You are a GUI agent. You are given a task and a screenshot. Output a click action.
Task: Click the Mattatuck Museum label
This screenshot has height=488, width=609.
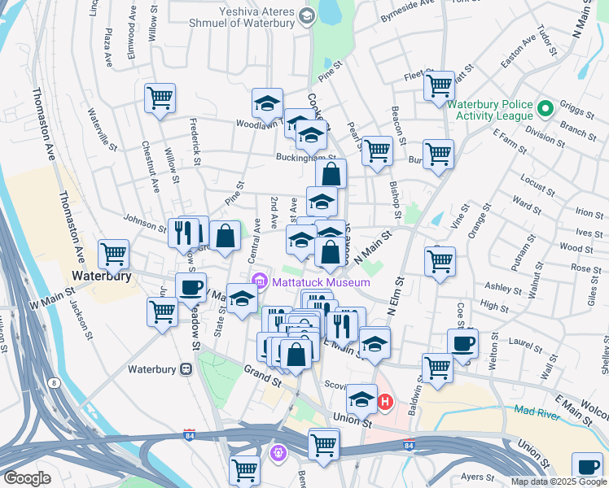pyautogui.click(x=321, y=282)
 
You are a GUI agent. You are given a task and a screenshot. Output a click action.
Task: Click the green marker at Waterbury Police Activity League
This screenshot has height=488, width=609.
pyautogui.click(x=545, y=107)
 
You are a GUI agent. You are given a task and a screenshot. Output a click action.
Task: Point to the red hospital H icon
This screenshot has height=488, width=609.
pyautogui.click(x=385, y=401)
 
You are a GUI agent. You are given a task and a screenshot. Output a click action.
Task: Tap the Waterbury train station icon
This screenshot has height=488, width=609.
pyautogui.click(x=186, y=368)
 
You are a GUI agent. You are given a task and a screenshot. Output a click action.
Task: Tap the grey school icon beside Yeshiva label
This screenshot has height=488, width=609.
pyautogui.click(x=306, y=15)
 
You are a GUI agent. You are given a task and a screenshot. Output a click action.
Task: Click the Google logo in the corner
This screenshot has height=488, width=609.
pyautogui.click(x=27, y=478)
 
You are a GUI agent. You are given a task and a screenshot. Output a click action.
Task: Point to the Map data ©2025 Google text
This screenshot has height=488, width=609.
pyautogui.click(x=558, y=481)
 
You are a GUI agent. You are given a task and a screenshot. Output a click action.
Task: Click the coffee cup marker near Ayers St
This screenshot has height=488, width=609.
pyautogui.click(x=587, y=467)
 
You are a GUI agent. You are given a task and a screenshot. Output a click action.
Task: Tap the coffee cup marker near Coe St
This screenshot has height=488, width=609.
pyautogui.click(x=462, y=343)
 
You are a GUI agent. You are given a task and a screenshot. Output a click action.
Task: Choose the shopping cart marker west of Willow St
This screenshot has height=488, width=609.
pyautogui.click(x=160, y=98)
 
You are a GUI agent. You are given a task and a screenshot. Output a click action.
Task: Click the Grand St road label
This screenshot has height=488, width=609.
pyautogui.click(x=261, y=374)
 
